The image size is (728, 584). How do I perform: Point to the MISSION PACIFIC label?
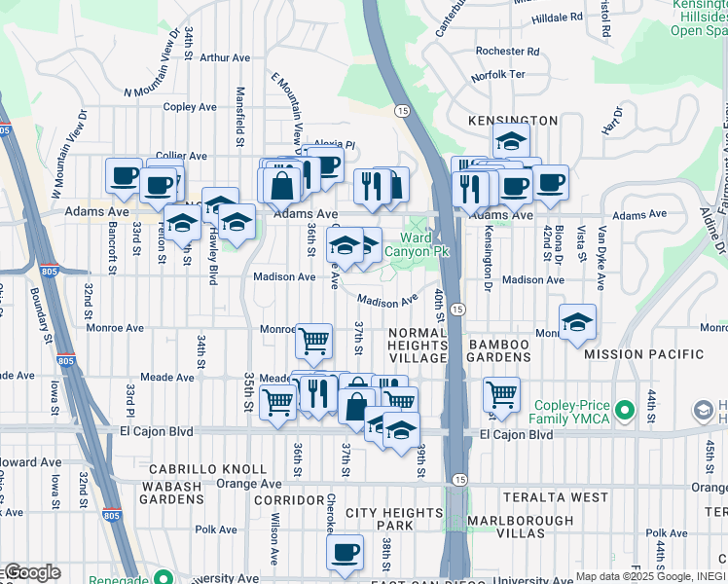point(642,354)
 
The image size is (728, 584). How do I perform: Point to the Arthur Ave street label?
point(226,57)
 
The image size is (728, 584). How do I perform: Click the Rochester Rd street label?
point(507,52)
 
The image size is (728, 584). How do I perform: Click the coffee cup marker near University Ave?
point(344,553)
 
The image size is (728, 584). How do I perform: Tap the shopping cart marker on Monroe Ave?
point(313,342)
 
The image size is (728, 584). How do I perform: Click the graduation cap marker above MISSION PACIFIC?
point(578,322)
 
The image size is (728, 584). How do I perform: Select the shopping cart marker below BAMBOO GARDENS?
point(501,395)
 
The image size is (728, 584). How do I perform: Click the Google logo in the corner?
point(31,572)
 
